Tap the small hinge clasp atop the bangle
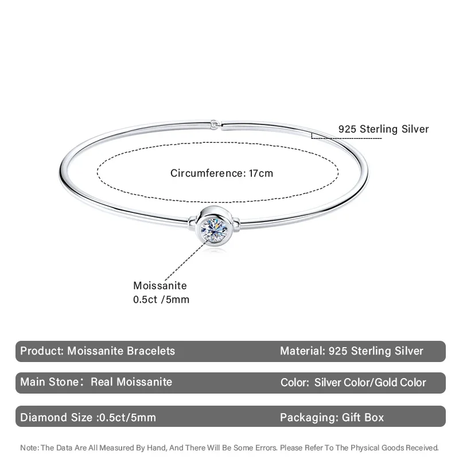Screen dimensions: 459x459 214,123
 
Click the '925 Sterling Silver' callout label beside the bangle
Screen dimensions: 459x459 383,129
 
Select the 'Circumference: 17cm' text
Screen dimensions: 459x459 221,173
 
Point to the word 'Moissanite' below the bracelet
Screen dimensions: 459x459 160,286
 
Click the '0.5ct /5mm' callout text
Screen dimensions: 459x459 161,299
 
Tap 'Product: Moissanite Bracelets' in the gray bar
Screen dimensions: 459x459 98,351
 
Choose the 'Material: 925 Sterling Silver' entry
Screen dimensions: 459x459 352,351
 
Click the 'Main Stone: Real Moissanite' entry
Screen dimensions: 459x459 96,382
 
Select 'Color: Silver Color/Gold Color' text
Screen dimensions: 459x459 353,383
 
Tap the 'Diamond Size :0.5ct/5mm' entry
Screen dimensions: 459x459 88,417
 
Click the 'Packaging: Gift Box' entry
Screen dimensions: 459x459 332,417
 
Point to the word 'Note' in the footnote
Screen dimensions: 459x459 29,448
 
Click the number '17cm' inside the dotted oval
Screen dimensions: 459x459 261,173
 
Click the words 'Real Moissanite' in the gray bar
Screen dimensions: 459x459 131,382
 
